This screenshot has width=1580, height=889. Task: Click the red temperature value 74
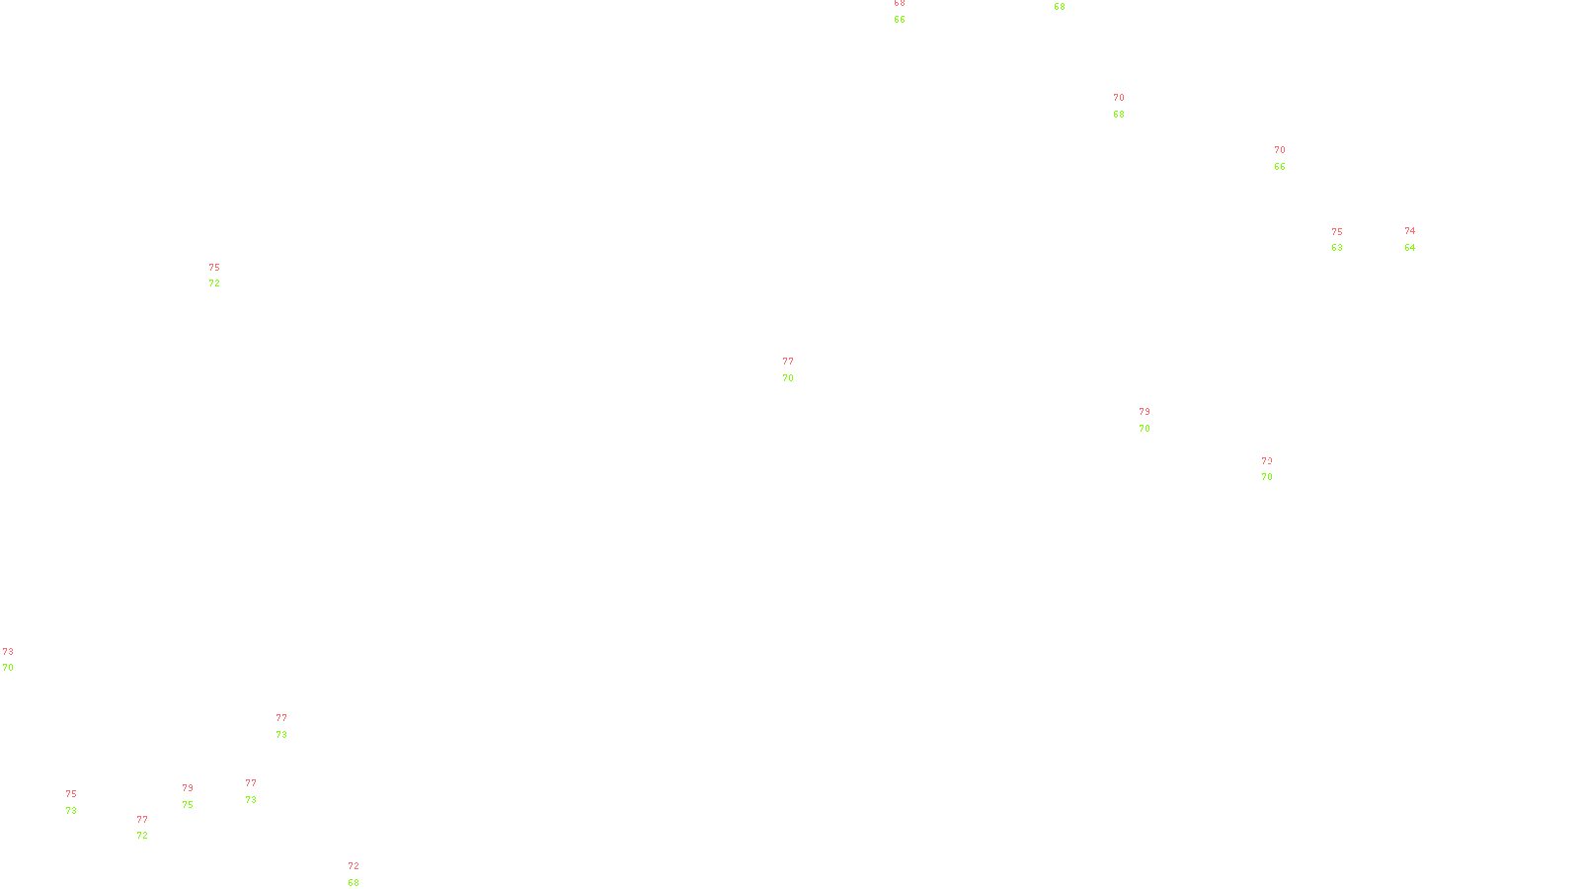pyautogui.click(x=1410, y=231)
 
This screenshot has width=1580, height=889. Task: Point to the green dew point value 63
pyautogui.click(x=1337, y=248)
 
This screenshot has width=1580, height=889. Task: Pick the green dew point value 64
pyautogui.click(x=1410, y=248)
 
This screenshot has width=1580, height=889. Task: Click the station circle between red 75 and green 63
pyautogui.click(x=1346, y=240)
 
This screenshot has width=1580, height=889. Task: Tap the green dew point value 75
pyautogui.click(x=188, y=805)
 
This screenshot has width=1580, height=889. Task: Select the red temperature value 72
pyautogui.click(x=354, y=866)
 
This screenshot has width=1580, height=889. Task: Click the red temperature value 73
pyautogui.click(x=8, y=652)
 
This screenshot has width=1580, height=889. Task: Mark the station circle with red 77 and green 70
pyautogui.click(x=798, y=369)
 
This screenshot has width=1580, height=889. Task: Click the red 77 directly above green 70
pyautogui.click(x=788, y=362)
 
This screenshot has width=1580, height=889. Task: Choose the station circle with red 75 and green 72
pyautogui.click(x=224, y=276)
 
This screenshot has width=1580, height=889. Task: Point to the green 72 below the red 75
pyautogui.click(x=214, y=283)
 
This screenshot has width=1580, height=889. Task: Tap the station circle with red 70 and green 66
pyautogui.click(x=1289, y=158)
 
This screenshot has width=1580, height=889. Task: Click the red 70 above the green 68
pyautogui.click(x=1119, y=98)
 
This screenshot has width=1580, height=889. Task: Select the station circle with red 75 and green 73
pyautogui.click(x=81, y=802)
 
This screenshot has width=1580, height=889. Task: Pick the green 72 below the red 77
pyautogui.click(x=142, y=836)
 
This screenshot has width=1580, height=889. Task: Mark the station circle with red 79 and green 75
pyautogui.click(x=197, y=796)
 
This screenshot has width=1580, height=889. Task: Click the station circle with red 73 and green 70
pyautogui.click(x=17, y=660)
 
